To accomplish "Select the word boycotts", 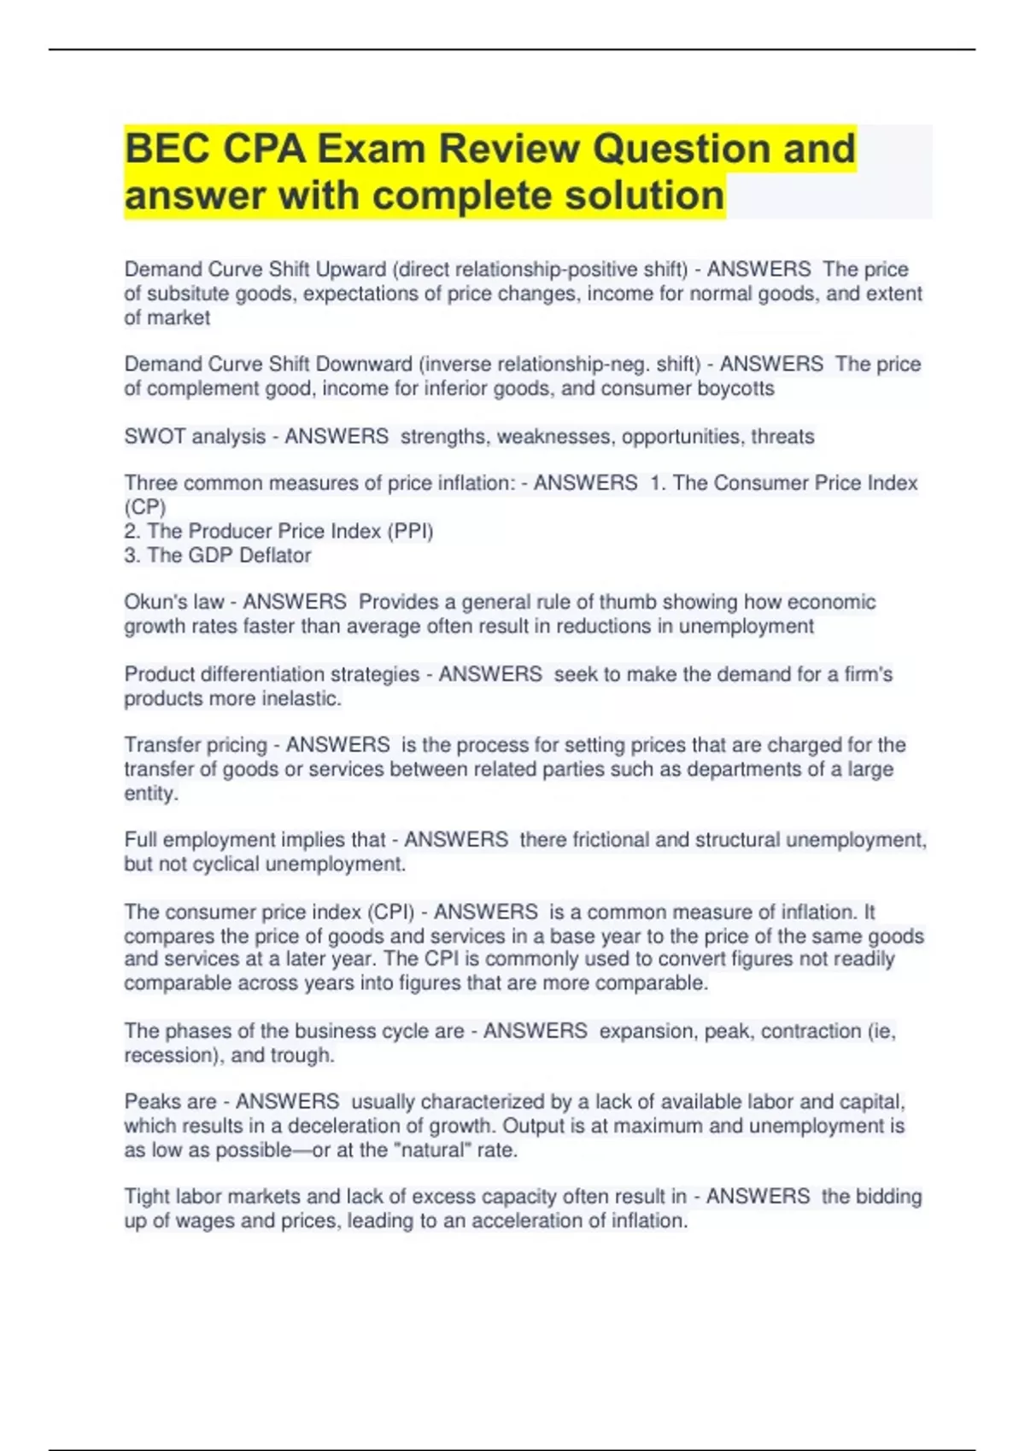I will [737, 388].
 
